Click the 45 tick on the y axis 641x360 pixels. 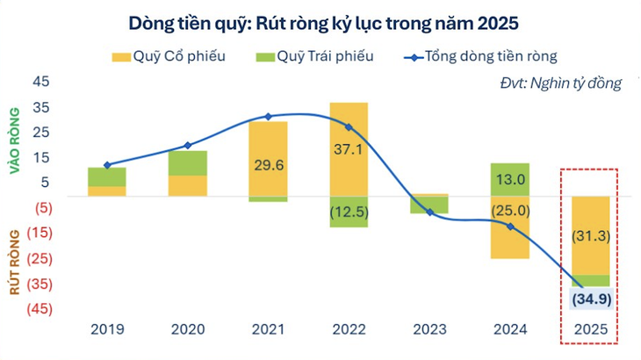(41, 82)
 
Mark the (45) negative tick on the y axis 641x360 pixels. (39, 309)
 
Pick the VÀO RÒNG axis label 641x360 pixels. (15, 140)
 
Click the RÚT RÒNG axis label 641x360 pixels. (15, 261)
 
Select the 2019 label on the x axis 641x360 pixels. (107, 330)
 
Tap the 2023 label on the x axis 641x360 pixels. (429, 330)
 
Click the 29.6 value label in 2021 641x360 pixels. (268, 164)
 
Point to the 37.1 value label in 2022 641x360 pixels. (349, 149)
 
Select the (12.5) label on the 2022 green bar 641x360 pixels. (349, 212)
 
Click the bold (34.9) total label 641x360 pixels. (591, 299)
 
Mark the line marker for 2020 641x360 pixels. (188, 146)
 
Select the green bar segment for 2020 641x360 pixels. (188, 162)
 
